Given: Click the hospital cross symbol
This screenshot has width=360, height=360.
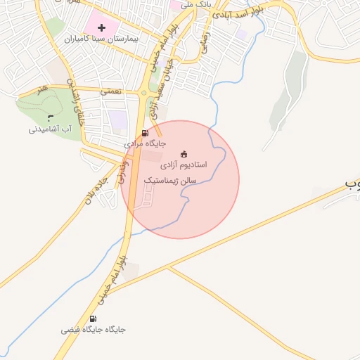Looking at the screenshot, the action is (103, 28).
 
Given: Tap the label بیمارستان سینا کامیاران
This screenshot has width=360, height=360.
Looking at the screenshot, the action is (103, 41).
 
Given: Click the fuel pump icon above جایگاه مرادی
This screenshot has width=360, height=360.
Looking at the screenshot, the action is (145, 132).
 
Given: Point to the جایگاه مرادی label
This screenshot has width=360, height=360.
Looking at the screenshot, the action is (145, 143).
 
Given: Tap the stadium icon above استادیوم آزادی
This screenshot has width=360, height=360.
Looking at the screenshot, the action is (184, 154).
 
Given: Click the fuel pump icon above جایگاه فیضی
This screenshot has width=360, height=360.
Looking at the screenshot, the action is (94, 319).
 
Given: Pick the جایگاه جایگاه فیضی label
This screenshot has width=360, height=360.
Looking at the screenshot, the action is (94, 329).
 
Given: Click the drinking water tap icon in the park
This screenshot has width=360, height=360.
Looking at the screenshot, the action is (50, 117).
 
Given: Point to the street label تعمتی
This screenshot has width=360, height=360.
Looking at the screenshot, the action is (111, 91).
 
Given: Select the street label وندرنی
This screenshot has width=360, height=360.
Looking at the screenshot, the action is (122, 172).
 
